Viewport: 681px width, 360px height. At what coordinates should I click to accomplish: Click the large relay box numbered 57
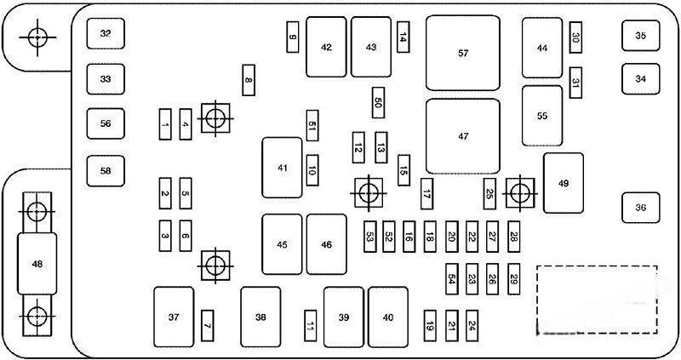tap(462, 53)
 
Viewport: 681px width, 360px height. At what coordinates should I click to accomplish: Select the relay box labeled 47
tap(462, 136)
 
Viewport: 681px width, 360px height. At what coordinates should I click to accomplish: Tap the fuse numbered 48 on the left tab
tap(37, 264)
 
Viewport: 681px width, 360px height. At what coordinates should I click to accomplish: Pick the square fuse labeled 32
tap(106, 34)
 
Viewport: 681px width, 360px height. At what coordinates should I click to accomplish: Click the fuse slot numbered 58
tap(106, 170)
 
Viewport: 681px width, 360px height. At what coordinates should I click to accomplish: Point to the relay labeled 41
tap(282, 168)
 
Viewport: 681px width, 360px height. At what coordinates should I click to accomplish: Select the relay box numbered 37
tap(174, 317)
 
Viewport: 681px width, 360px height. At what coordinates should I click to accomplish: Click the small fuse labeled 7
tap(207, 323)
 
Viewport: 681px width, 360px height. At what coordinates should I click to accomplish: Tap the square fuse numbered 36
tap(640, 207)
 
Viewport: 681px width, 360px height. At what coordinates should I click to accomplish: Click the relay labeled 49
tap(563, 183)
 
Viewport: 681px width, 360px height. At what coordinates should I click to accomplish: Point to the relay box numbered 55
tap(542, 116)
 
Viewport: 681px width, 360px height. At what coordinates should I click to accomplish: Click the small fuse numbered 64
tap(452, 278)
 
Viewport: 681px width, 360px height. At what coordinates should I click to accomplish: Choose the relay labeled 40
tap(388, 317)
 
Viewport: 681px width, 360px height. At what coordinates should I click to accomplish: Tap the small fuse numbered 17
tap(426, 193)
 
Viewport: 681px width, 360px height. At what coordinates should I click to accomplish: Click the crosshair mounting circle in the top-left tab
tap(37, 37)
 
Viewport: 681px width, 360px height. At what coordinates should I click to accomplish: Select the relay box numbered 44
tap(542, 49)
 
